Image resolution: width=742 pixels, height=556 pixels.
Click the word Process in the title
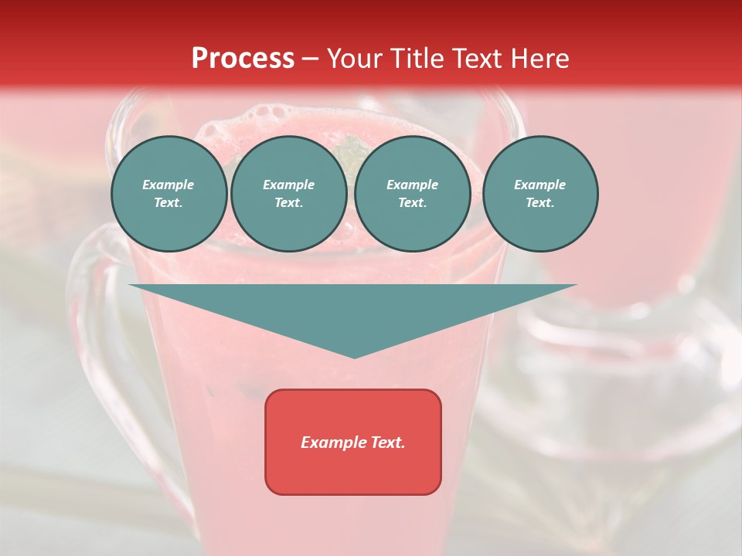243,59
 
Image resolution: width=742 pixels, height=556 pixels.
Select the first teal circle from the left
168,194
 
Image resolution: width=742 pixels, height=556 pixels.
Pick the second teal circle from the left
288,194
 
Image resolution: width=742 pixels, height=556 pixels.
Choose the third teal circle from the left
412,194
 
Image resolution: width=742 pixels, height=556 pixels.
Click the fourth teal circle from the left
539,194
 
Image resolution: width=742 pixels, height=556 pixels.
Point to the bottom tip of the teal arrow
354,357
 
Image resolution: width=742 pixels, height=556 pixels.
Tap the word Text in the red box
388,442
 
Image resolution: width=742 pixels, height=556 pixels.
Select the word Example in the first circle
168,185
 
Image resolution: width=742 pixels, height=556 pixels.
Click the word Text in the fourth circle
539,203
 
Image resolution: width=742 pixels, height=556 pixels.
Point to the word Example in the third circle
412,185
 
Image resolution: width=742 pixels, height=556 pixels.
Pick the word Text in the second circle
288,203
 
